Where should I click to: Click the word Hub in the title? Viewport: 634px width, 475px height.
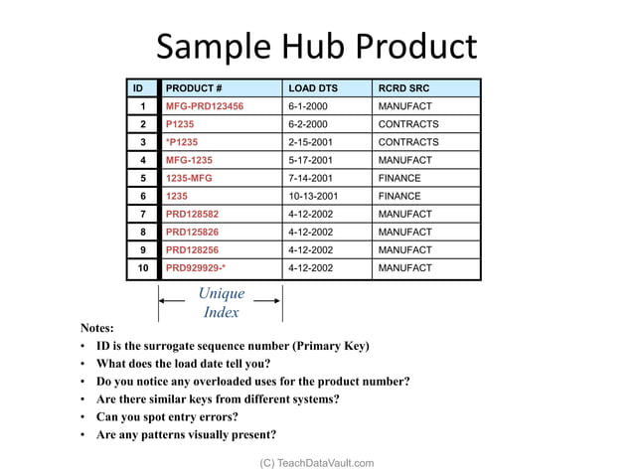click(x=303, y=47)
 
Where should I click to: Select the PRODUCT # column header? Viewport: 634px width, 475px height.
click(x=194, y=88)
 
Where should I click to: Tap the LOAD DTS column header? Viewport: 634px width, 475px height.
click(x=313, y=88)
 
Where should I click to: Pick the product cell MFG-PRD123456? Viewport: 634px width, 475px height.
click(x=205, y=106)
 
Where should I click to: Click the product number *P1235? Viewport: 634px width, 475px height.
click(x=182, y=142)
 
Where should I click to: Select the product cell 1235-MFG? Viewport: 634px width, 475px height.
click(x=189, y=178)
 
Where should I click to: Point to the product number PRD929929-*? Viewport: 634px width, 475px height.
click(x=196, y=267)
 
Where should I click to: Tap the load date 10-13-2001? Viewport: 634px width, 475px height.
click(x=313, y=196)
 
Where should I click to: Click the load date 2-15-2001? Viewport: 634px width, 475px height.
click(x=310, y=142)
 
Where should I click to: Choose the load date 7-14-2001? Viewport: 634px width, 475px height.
click(x=310, y=178)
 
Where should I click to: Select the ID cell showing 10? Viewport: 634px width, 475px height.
click(x=143, y=267)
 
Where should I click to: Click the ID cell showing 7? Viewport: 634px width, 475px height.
click(x=143, y=214)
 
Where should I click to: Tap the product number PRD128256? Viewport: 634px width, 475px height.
click(x=193, y=249)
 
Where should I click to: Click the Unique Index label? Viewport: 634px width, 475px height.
click(x=221, y=303)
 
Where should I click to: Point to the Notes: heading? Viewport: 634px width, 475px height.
click(x=97, y=327)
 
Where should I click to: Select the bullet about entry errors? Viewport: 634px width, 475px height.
click(x=167, y=417)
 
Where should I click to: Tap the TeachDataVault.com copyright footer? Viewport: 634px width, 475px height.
click(x=317, y=463)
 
